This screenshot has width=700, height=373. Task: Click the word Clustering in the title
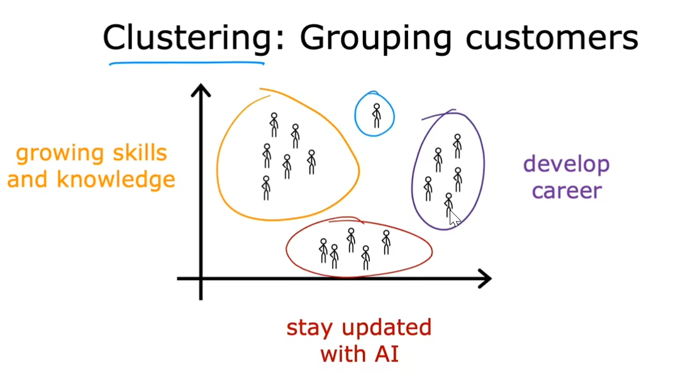[x=187, y=38]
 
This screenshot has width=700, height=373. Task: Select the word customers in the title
[x=552, y=38]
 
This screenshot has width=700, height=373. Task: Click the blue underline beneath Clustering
[x=187, y=63]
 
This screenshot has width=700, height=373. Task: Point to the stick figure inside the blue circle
[x=377, y=116]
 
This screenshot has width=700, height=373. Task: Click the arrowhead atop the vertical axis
[x=201, y=90]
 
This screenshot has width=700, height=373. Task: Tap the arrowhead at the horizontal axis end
[x=485, y=279]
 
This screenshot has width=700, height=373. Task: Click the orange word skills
[x=140, y=153]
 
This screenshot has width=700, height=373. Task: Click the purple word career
[x=567, y=191]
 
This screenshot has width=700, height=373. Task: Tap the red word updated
[x=387, y=328]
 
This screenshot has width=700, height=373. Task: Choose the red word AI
[x=387, y=355]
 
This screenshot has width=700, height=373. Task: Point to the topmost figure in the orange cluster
[x=274, y=125]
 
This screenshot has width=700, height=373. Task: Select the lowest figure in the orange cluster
[x=266, y=188]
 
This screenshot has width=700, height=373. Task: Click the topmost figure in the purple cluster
[x=457, y=146]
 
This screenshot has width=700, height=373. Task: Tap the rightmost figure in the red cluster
[x=386, y=242]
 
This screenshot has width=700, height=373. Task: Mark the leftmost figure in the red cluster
[x=323, y=251]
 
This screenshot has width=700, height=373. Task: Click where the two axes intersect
[x=201, y=279]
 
